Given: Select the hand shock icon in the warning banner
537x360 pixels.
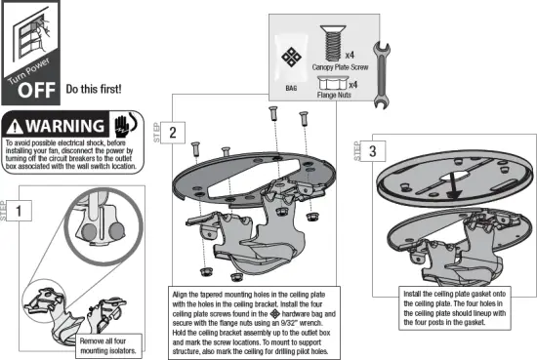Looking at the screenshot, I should pos(124,126).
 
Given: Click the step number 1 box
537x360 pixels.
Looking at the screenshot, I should pos(25,209).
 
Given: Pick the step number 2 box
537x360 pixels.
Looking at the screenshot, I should pos(173,133).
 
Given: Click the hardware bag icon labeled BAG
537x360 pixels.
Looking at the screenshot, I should pos(291,58).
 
